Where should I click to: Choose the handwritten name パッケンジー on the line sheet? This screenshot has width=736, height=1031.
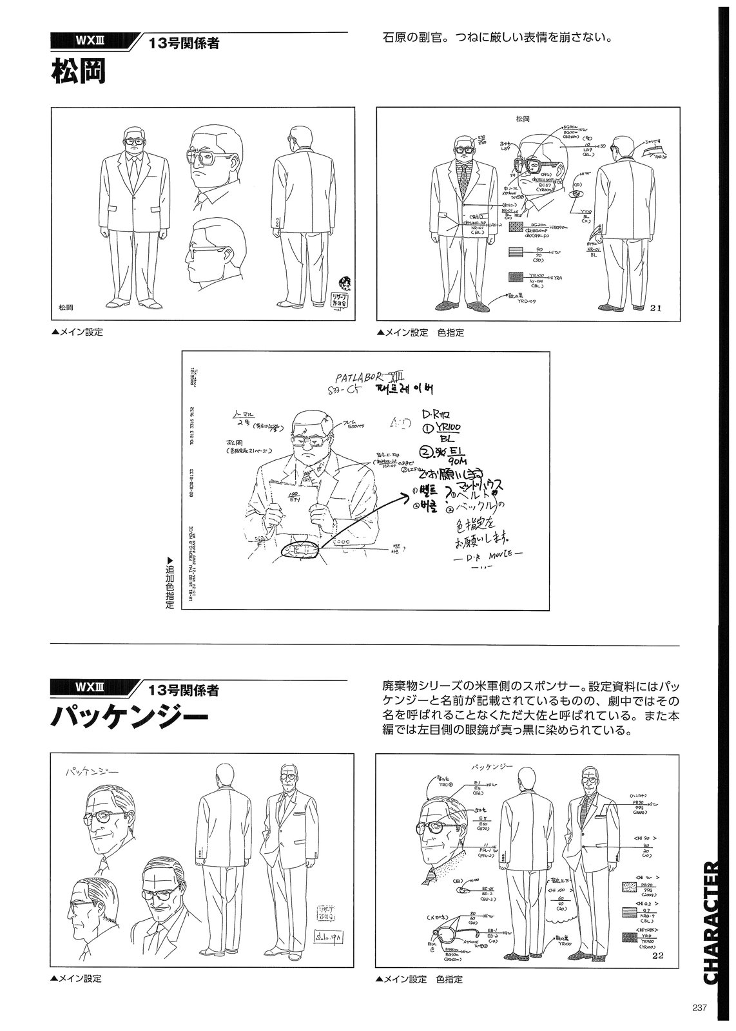click(93, 771)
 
